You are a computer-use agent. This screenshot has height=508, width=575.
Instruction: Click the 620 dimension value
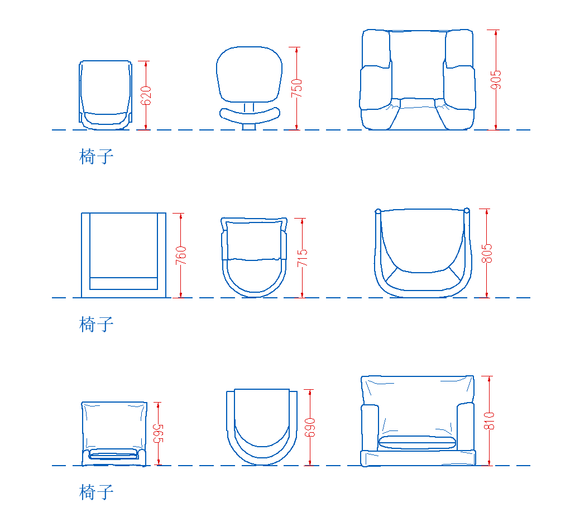click(x=146, y=95)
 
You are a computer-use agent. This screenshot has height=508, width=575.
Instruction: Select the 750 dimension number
click(x=296, y=88)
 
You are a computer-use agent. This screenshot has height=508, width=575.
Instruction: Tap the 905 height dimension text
click(x=496, y=80)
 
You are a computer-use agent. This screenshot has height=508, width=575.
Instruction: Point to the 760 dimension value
click(x=181, y=255)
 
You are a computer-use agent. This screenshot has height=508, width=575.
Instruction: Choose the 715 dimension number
click(x=302, y=258)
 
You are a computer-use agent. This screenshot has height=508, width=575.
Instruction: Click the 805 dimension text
click(x=487, y=254)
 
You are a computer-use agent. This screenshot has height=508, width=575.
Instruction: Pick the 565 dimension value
click(x=158, y=434)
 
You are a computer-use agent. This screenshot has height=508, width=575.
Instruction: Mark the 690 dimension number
click(x=310, y=427)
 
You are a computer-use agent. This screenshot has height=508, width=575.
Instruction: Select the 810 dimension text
click(x=489, y=420)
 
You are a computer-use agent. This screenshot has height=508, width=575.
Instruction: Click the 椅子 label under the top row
click(x=96, y=156)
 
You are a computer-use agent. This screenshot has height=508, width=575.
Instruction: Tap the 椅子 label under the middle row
click(x=96, y=325)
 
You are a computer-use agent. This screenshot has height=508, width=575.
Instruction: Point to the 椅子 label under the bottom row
click(x=96, y=492)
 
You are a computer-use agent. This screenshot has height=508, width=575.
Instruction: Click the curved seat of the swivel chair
click(x=250, y=115)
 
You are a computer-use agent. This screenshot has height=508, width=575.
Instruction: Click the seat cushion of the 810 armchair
click(x=417, y=442)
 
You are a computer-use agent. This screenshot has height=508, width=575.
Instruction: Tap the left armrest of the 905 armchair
click(x=376, y=88)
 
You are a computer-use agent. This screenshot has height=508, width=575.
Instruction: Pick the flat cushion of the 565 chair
click(x=114, y=454)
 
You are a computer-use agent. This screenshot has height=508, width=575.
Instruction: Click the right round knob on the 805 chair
click(x=467, y=211)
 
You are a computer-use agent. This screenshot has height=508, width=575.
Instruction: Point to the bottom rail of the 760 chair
click(x=123, y=283)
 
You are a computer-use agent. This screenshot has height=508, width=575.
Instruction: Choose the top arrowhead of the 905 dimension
click(x=496, y=33)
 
